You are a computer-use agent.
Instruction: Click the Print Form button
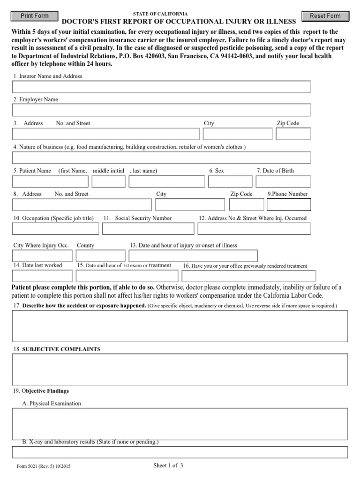pos(35,16)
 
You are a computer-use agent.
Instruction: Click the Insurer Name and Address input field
pos(161,87)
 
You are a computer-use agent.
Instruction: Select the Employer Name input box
pos(161,110)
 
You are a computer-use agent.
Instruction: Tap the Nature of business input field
pos(161,157)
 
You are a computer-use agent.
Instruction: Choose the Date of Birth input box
pos(283,181)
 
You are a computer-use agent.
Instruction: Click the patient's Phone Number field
pos(289,205)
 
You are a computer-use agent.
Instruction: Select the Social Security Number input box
pos(148,229)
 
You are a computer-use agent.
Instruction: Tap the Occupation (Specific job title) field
pos(55,229)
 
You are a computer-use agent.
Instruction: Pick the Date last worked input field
pos(42,276)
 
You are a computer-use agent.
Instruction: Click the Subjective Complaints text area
pos(180,369)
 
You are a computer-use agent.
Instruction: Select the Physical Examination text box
pos(180,424)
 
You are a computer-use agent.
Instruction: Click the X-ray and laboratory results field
pos(180,452)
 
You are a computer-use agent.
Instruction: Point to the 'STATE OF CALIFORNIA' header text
pos(160,14)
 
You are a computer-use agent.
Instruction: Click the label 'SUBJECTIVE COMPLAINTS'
pos(61,349)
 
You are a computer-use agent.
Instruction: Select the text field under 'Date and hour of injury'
pos(193,256)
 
